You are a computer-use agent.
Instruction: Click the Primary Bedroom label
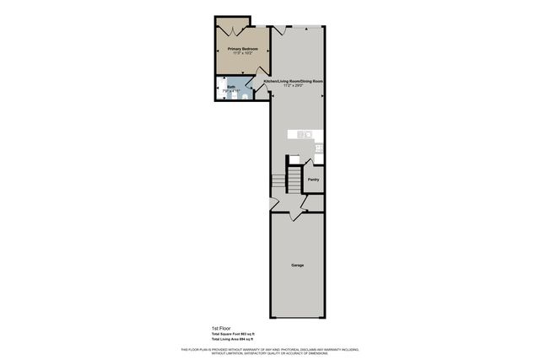[242, 49]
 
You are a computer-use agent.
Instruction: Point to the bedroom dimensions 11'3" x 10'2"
[242, 54]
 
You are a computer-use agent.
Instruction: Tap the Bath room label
[230, 86]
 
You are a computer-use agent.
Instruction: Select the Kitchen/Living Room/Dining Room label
[294, 81]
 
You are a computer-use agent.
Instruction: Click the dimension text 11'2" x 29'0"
[294, 86]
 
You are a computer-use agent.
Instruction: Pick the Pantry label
[313, 179]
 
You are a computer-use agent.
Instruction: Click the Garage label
[297, 266]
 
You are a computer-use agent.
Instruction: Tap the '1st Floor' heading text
[220, 328]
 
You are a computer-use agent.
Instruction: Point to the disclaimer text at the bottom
[270, 350]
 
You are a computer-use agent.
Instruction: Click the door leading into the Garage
[296, 215]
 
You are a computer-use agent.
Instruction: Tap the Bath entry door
[253, 85]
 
